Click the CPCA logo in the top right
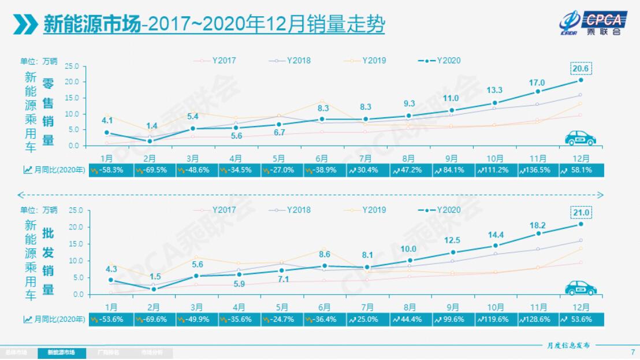591,23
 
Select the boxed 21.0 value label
581,213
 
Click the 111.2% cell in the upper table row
494,170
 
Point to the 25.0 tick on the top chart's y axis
72,66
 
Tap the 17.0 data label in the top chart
538,83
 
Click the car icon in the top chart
579,138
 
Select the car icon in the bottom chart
579,287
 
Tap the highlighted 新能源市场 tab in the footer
61,352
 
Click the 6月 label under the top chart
323,158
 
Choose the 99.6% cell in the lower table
452,319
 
